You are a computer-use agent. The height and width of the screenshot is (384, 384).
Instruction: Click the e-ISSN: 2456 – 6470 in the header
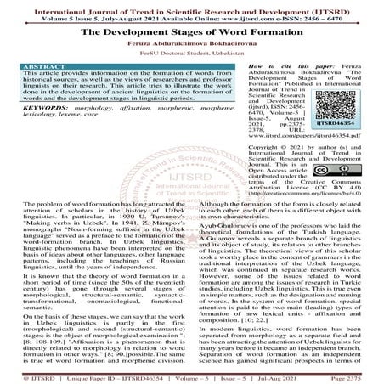click(337, 15)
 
